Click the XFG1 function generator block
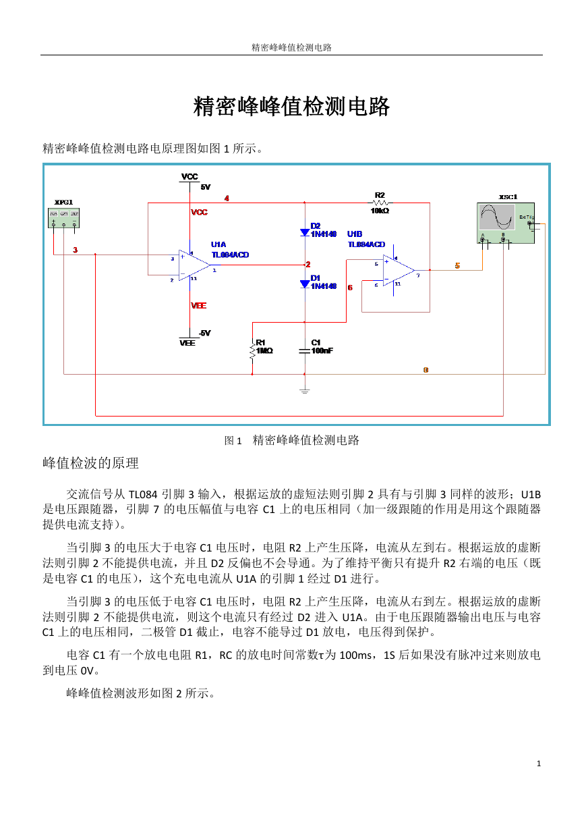point(63,217)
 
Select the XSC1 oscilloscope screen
point(496,217)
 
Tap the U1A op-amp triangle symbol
point(194,265)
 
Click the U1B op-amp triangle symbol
point(399,270)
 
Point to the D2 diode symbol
point(305,232)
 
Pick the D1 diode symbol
point(305,284)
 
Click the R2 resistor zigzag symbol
point(380,203)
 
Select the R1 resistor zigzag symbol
point(252,350)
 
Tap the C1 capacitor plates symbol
point(305,351)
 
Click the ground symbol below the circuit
point(305,391)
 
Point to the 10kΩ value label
point(380,211)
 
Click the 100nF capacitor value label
point(322,350)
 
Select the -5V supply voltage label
point(204,333)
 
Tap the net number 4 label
point(227,198)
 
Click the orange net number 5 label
point(457,265)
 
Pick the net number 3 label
point(75,250)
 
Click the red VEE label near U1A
point(198,305)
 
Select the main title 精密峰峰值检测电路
point(291,107)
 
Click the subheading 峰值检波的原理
point(90,463)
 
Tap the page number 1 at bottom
point(539,764)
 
